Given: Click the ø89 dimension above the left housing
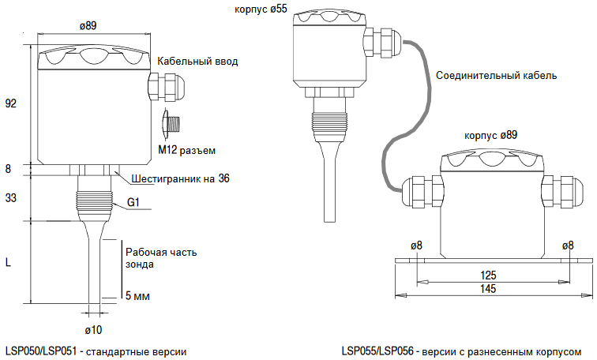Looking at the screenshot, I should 88,25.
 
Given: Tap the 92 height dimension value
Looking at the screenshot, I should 11,103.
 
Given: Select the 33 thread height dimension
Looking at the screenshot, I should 11,198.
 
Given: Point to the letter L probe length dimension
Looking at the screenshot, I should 9,263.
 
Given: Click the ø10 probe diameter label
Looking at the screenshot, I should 93,328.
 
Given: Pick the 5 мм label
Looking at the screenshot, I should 137,296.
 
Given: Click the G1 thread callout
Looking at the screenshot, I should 133,204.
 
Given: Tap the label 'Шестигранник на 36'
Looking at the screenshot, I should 181,179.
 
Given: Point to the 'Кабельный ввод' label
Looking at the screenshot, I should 197,62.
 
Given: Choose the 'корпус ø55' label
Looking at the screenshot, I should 261,9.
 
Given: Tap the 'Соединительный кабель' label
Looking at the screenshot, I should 496,76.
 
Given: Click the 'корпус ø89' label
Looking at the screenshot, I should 491,136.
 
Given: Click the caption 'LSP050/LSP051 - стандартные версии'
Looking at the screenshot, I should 96,351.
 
